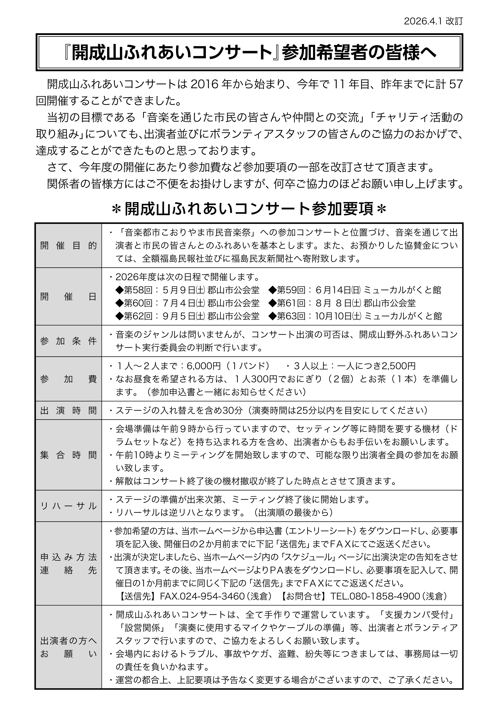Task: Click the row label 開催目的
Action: (x=68, y=246)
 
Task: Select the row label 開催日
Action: (x=68, y=297)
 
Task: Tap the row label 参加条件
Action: (x=68, y=341)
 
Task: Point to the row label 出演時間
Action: (x=68, y=410)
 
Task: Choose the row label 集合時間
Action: (x=68, y=455)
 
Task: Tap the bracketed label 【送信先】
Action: (x=138, y=596)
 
